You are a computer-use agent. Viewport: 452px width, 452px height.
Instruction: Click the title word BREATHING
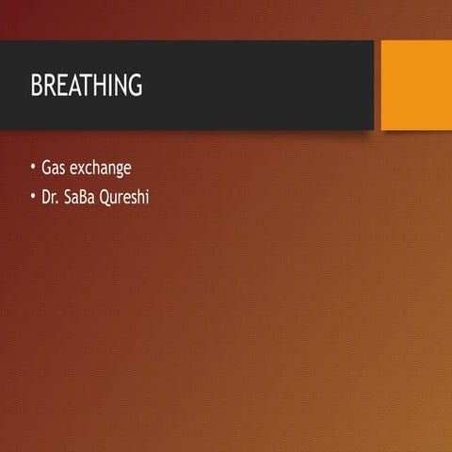(87, 86)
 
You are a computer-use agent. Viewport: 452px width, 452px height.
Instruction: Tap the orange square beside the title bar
(416, 85)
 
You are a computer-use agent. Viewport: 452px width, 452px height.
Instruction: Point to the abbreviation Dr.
(50, 199)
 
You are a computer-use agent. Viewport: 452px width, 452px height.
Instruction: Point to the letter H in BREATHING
(102, 86)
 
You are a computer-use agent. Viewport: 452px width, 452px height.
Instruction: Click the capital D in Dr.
(46, 199)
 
